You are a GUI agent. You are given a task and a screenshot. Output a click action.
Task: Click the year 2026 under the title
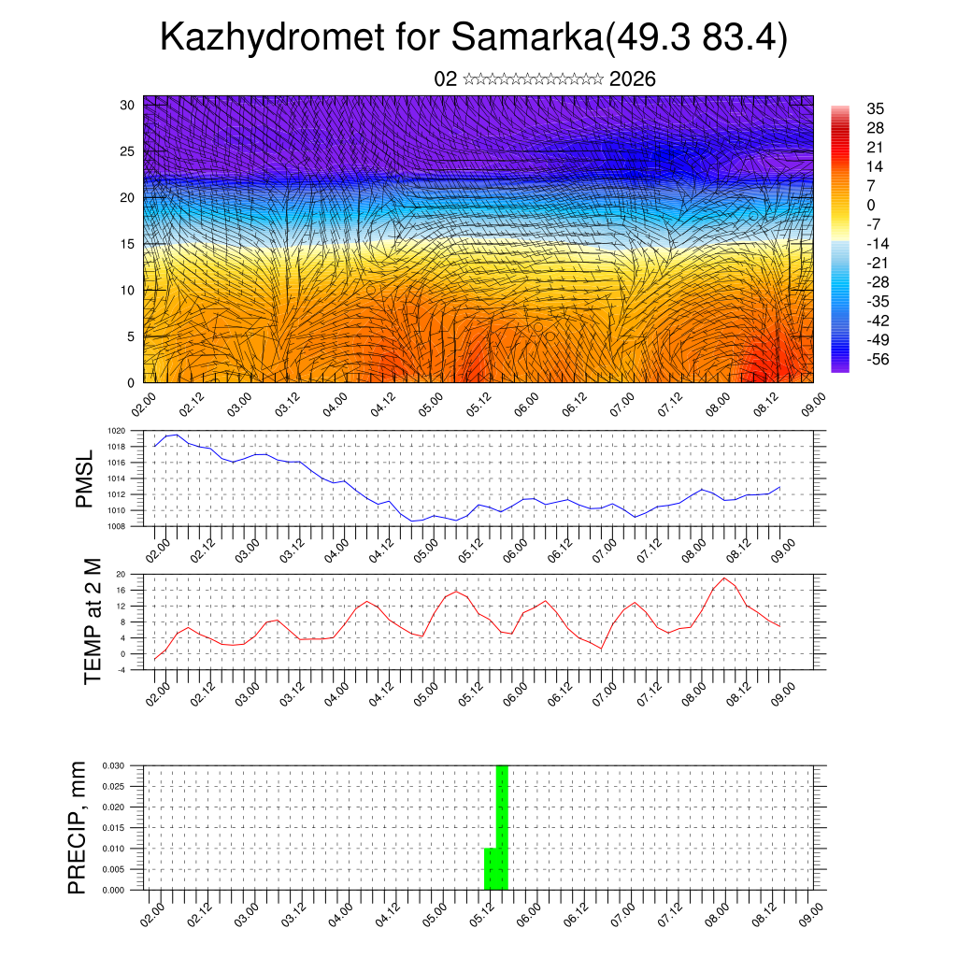coord(632,79)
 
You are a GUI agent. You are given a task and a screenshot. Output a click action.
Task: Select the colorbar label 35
coord(876,109)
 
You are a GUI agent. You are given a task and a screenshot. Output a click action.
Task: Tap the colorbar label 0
coord(871,205)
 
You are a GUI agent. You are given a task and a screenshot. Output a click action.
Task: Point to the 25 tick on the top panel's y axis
coord(128,150)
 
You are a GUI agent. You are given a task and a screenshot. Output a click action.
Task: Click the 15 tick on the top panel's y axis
coord(128,244)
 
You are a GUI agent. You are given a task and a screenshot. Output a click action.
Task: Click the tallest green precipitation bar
coord(502,827)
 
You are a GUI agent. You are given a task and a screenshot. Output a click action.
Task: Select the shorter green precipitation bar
coord(490,869)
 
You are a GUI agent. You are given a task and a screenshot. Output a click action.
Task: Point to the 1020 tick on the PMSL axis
coord(116,431)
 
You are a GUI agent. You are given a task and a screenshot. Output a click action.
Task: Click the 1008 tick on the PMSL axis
coord(116,526)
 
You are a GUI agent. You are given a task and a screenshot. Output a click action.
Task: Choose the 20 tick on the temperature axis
coord(120,574)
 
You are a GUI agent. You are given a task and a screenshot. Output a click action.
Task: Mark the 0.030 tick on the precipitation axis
coord(113,764)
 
